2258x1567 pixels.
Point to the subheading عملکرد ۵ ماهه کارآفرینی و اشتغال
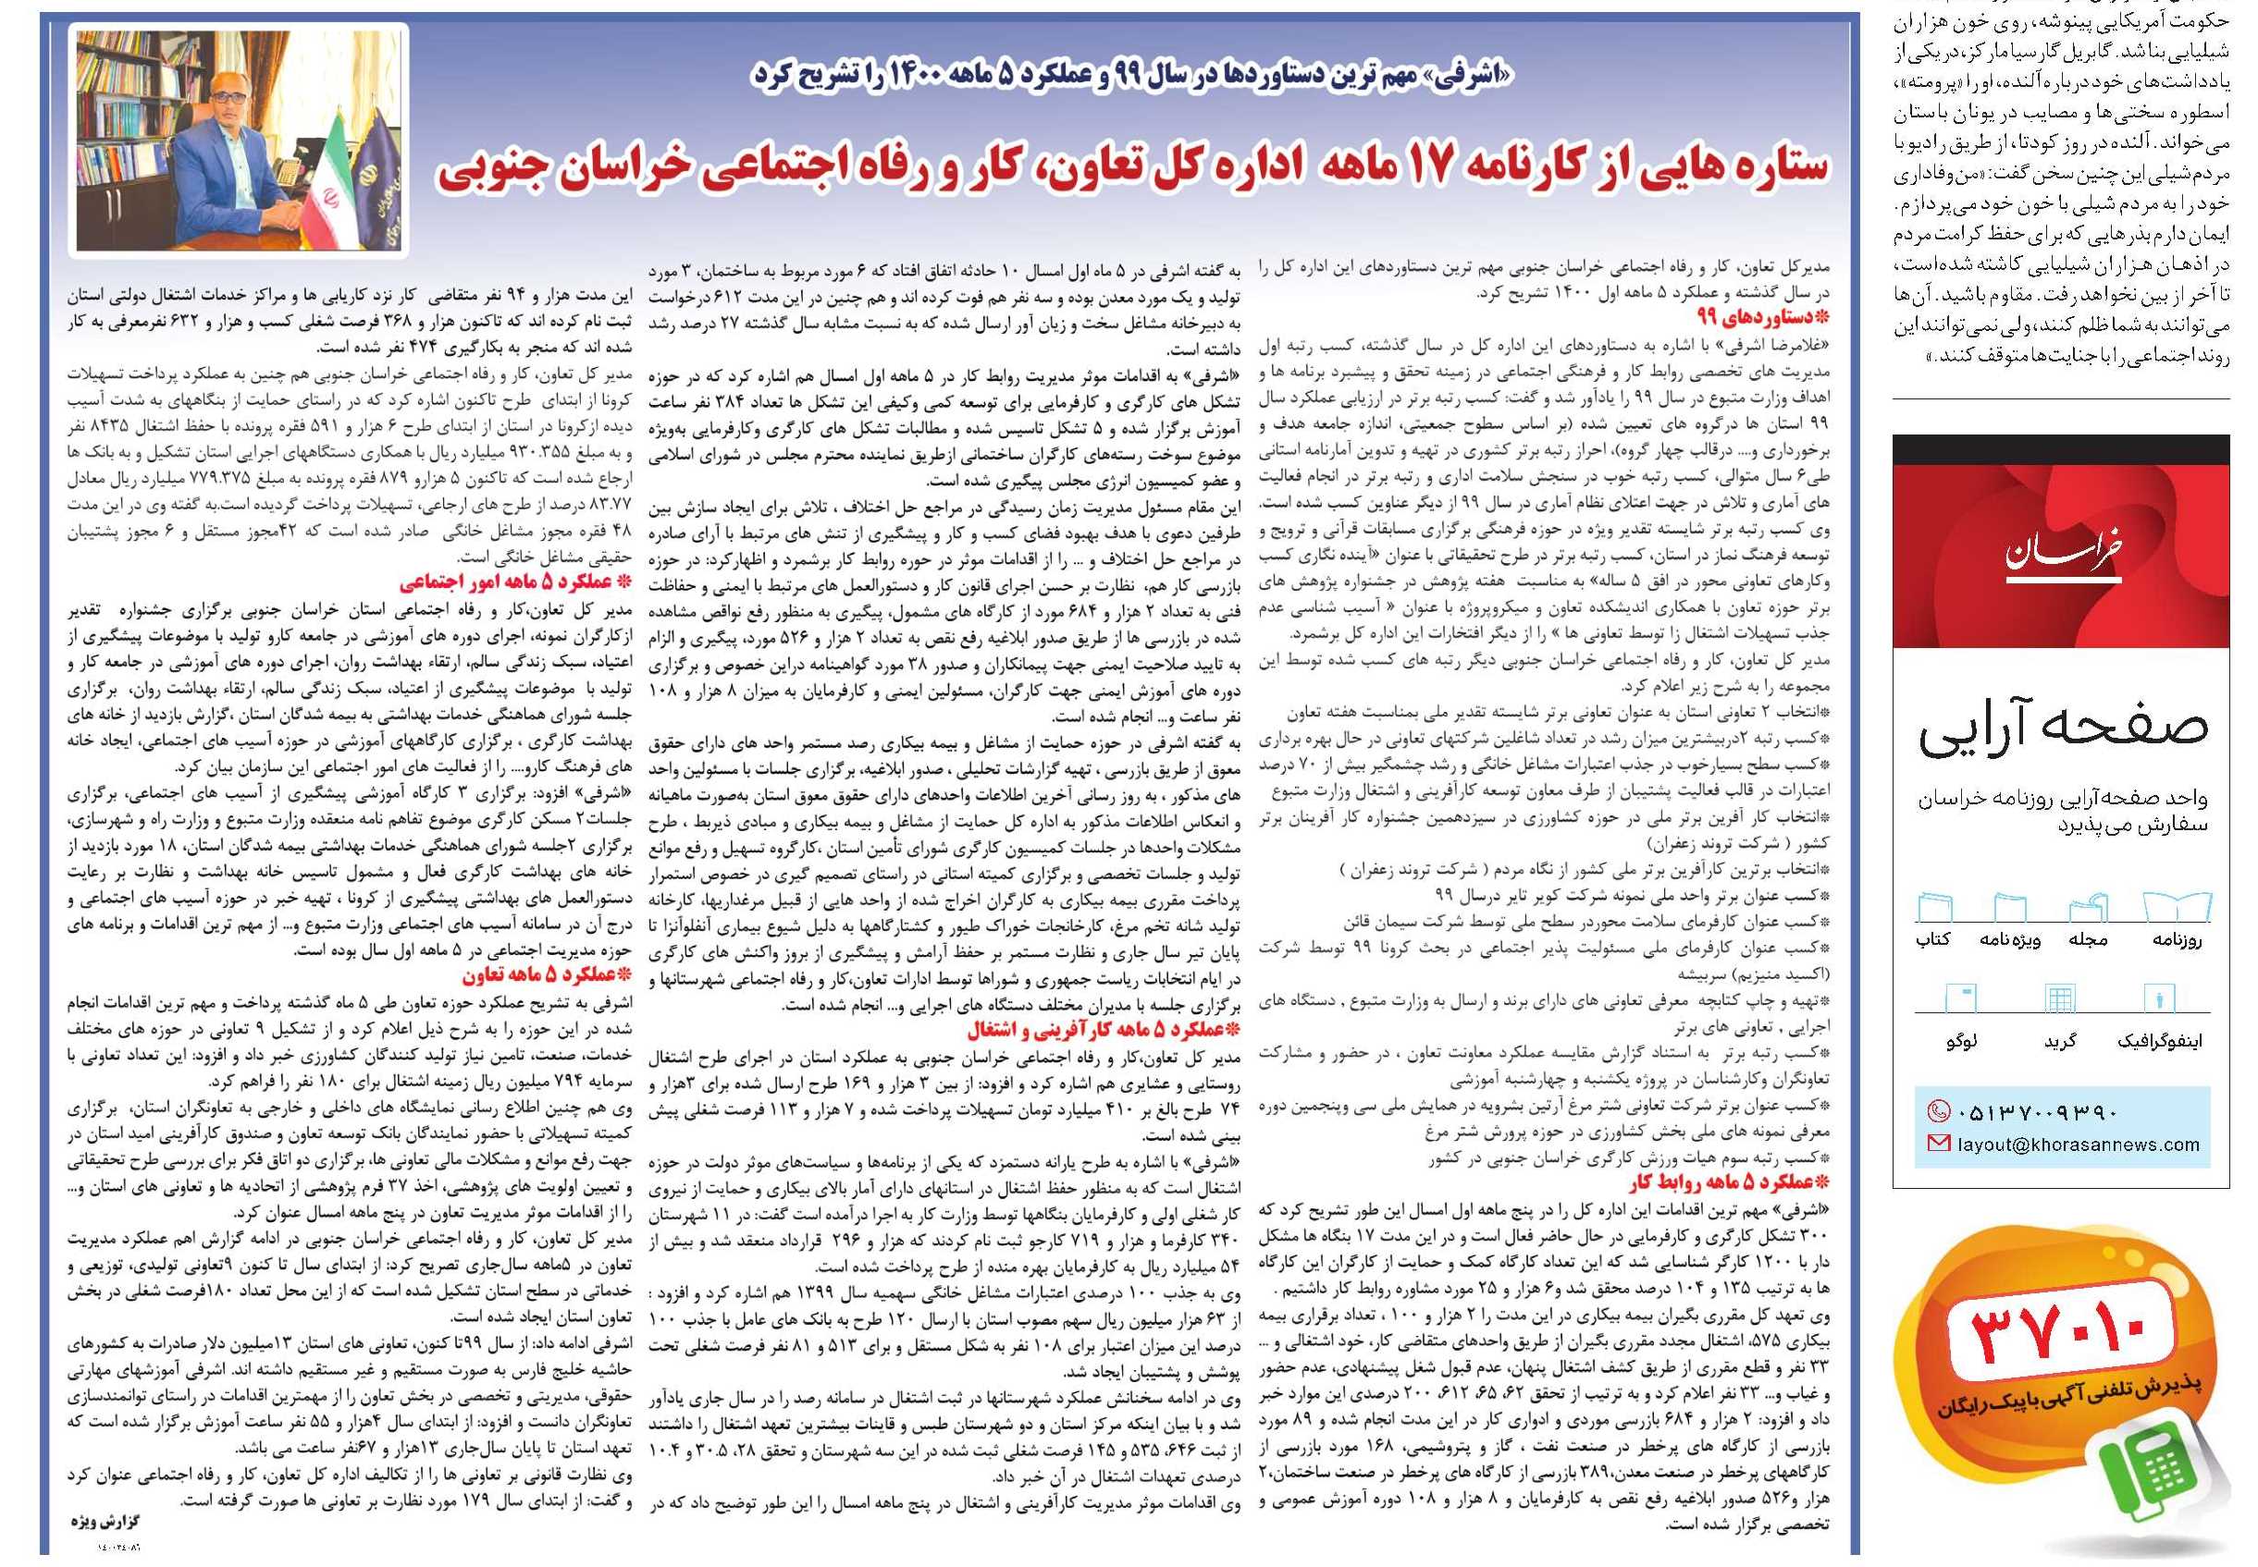pos(1099,1031)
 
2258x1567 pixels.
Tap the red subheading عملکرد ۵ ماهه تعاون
pos(546,977)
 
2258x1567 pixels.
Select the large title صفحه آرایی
pos(2063,729)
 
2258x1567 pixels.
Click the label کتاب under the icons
pos(1933,939)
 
